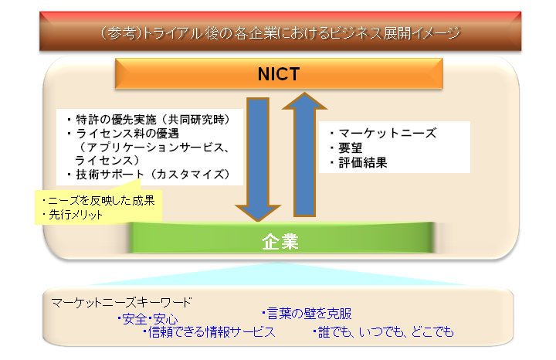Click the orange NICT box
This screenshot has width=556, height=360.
click(279, 73)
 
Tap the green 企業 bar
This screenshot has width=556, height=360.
click(280, 238)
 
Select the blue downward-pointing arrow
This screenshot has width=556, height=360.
click(258, 160)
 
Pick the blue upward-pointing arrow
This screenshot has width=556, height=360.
click(304, 155)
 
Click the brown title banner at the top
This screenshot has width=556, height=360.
click(280, 32)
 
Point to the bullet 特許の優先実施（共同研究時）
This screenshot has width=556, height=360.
click(149, 120)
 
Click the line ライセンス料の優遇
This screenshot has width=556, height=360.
click(124, 134)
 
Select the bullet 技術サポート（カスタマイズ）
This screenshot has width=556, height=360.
click(149, 174)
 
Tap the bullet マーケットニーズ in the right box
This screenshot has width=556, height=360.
click(383, 133)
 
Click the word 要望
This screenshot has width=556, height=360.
click(347, 148)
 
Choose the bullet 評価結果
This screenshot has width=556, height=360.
click(358, 162)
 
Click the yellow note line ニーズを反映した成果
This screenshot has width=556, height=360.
click(98, 200)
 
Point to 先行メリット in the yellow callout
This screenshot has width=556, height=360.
click(72, 214)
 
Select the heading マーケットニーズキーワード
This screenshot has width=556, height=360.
click(121, 302)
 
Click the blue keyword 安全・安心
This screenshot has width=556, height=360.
click(147, 319)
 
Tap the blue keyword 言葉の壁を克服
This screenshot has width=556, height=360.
click(307, 313)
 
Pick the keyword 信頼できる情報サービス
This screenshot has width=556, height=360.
click(209, 331)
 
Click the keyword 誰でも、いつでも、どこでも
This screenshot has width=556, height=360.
click(383, 331)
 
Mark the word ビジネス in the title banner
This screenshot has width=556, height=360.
click(356, 33)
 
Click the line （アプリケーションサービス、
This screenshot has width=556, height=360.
click(153, 147)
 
